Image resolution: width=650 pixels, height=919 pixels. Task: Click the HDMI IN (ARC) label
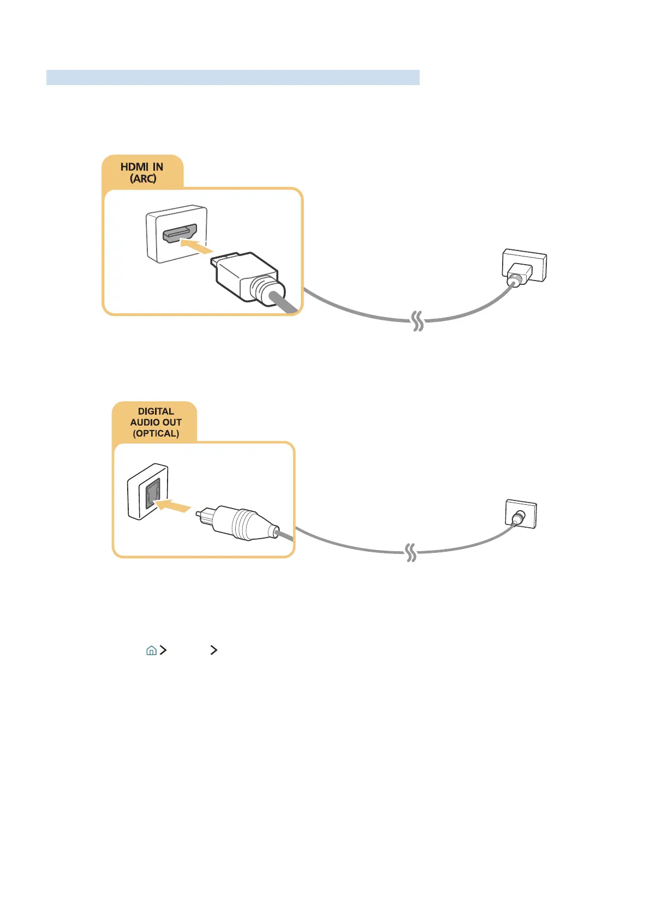142,172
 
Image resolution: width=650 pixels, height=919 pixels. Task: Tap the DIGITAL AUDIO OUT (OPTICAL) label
156,422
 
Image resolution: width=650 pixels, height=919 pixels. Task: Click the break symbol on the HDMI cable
418,321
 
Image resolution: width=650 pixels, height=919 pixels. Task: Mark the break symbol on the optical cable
411,553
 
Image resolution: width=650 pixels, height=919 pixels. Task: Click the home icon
151,650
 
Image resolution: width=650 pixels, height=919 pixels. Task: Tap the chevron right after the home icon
163,650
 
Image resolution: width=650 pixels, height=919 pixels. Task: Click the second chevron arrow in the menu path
213,650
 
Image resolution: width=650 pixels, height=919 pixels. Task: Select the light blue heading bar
232,77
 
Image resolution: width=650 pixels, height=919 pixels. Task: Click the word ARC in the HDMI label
143,178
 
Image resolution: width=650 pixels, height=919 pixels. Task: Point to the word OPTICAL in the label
156,433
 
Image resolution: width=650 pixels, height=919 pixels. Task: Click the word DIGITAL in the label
156,411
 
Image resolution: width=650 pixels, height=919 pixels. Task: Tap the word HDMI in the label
134,166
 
